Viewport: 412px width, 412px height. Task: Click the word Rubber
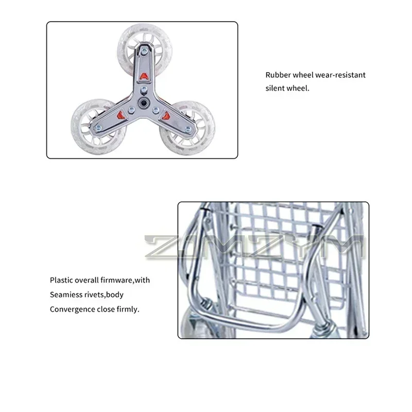[x=277, y=75]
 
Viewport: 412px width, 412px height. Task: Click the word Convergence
[x=73, y=310]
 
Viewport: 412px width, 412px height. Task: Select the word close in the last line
[x=106, y=310]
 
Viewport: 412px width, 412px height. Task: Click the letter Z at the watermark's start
[x=160, y=247]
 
